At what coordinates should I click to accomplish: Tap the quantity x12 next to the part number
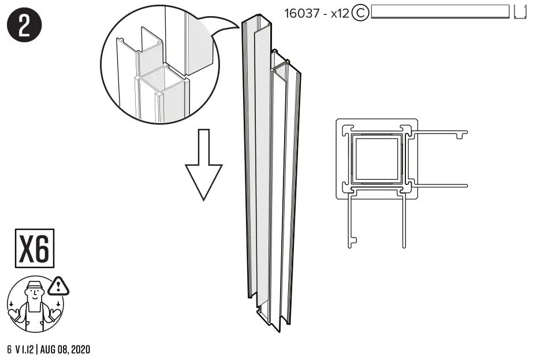pyautogui.click(x=338, y=13)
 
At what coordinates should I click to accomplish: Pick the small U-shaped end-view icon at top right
pyautogui.click(x=520, y=12)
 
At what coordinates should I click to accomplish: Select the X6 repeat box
pyautogui.click(x=34, y=248)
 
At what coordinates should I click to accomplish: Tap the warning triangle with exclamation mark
pyautogui.click(x=58, y=285)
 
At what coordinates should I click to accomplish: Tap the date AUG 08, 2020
pyautogui.click(x=68, y=350)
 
